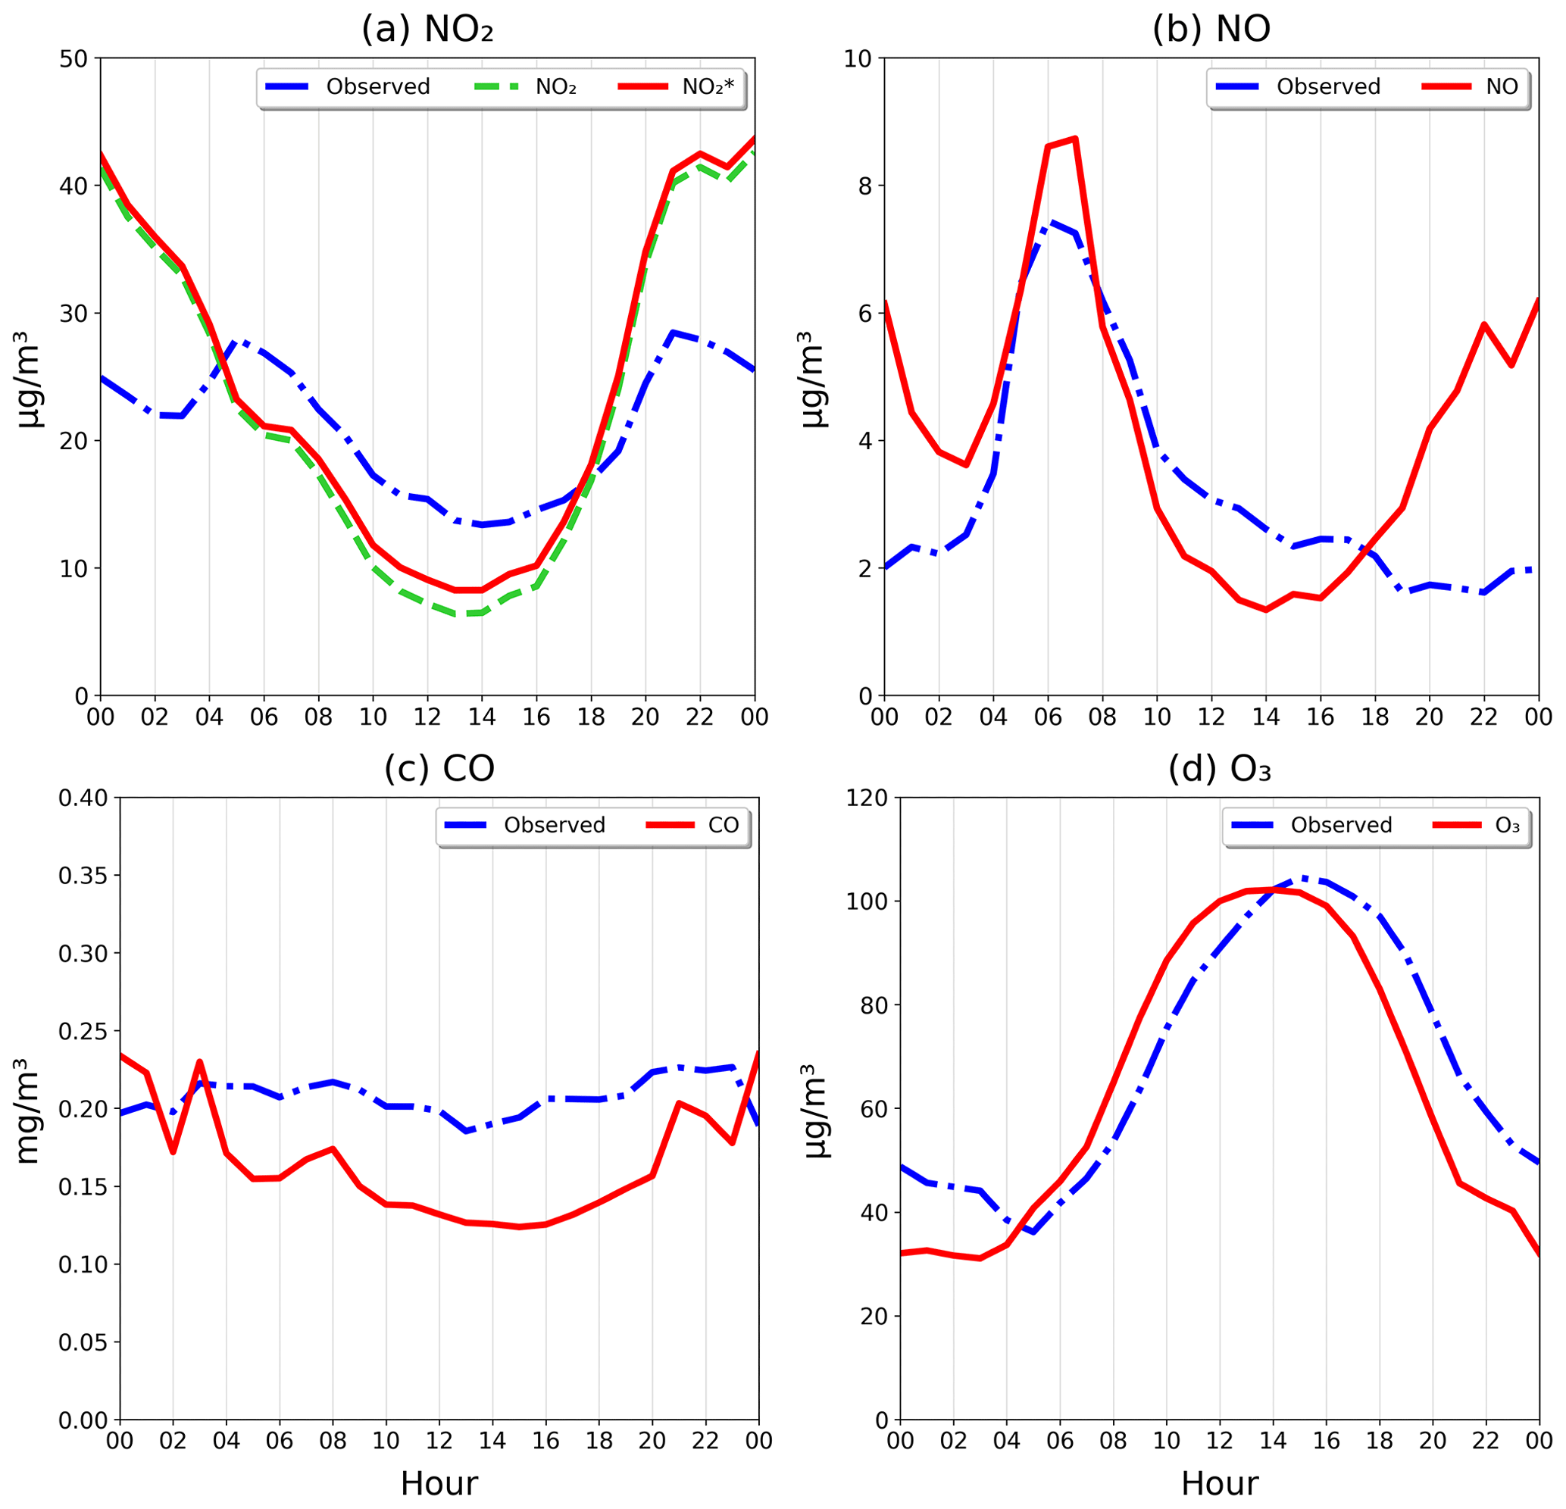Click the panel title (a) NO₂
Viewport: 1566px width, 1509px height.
point(427,30)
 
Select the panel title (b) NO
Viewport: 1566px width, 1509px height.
point(1211,30)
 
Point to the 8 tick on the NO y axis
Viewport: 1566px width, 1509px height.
point(866,186)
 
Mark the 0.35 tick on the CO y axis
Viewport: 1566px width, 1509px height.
point(84,876)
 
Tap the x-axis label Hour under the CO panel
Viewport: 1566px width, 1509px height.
point(439,1484)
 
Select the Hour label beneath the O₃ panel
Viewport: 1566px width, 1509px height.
point(1219,1484)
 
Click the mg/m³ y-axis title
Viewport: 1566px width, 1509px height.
point(28,1111)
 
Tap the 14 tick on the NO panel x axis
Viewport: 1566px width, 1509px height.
point(1265,717)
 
